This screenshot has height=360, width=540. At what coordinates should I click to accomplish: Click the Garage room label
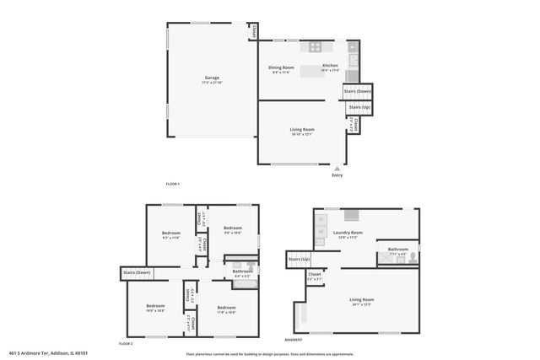[200, 78]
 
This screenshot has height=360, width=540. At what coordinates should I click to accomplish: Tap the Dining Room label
[281, 67]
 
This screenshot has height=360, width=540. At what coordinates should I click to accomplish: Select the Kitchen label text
[330, 66]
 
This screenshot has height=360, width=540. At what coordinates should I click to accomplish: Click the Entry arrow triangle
[337, 168]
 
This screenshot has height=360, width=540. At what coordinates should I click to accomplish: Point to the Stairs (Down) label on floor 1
[357, 91]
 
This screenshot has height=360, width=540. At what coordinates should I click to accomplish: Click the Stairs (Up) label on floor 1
[359, 108]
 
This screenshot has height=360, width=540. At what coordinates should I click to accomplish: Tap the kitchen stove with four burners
[316, 48]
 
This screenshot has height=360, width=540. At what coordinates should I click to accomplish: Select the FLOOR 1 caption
[173, 184]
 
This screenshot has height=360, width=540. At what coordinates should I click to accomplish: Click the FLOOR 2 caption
[126, 343]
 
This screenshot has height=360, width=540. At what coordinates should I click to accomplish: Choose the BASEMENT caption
[294, 339]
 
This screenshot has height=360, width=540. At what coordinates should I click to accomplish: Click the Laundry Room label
[348, 233]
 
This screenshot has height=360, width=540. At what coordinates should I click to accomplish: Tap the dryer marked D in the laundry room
[321, 220]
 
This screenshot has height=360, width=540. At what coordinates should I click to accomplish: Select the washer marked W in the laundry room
[321, 230]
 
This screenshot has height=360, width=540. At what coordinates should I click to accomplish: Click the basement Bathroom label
[397, 250]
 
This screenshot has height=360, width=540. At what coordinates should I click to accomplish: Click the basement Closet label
[315, 275]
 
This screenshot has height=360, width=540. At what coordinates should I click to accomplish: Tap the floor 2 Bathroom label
[243, 271]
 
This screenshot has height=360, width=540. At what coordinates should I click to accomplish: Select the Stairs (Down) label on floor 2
[137, 272]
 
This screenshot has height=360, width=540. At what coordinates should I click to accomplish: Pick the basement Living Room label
[362, 300]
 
